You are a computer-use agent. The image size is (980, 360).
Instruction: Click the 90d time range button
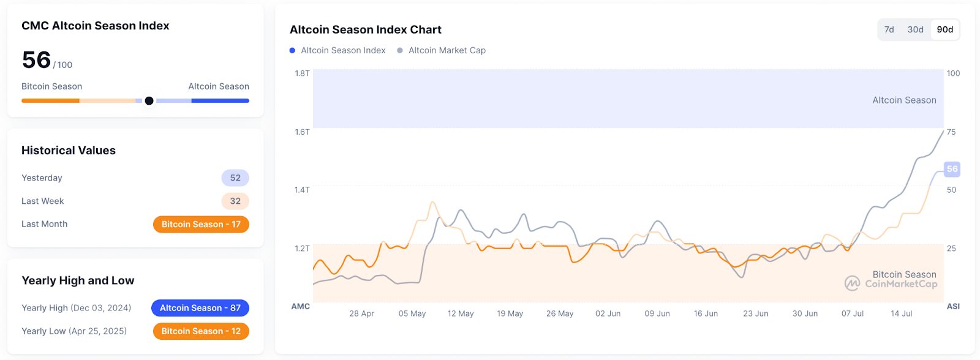944,29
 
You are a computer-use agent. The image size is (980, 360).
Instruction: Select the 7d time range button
889,29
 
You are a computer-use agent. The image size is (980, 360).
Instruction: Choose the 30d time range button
915,29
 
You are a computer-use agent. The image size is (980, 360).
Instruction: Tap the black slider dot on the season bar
149,100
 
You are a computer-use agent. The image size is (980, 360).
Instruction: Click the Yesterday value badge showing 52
235,178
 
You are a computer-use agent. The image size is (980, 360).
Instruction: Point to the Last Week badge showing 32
235,201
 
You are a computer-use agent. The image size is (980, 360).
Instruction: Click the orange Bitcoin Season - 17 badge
201,224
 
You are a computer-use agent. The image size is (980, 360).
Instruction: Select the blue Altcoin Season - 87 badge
200,308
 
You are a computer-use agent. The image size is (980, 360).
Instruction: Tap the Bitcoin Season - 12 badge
201,331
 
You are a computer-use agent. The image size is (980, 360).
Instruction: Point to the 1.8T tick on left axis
302,73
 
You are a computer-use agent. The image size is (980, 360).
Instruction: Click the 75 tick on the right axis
951,132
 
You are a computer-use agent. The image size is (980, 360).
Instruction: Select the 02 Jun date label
608,313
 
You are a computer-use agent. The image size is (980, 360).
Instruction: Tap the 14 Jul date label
901,313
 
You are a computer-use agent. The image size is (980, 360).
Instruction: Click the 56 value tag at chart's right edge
952,169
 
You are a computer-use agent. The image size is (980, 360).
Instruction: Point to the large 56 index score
36,60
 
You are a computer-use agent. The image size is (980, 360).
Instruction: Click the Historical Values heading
69,151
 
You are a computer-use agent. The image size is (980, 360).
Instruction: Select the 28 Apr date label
361,313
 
